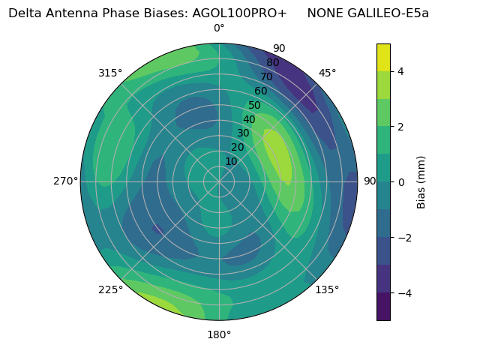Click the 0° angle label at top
pos(219,28)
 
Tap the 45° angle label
pos(328,73)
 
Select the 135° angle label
pos(327,289)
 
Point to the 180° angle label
pos(219,334)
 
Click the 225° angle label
pos(110,290)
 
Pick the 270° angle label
pos(66,181)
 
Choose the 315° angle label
pos(110,73)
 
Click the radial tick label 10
pos(231,161)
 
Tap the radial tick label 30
pos(243,133)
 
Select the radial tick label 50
pos(255,106)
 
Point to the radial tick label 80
pos(273,63)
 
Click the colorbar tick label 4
pos(401,71)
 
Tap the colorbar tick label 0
pos(401,181)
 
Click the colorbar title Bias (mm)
pos(421,181)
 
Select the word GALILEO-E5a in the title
pos(391,13)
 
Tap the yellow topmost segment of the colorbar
pos(383,57)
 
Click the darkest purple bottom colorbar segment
pos(383,307)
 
